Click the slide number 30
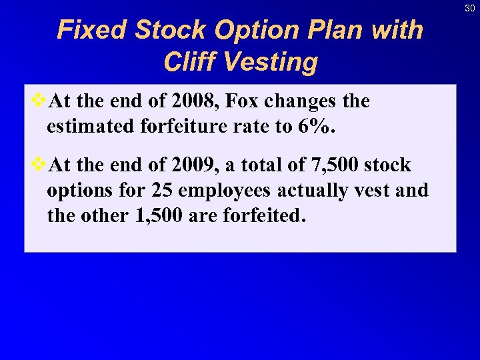pos(469,7)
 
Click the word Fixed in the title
pos(92,30)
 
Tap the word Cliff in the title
pos(191,62)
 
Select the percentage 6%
pos(313,126)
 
